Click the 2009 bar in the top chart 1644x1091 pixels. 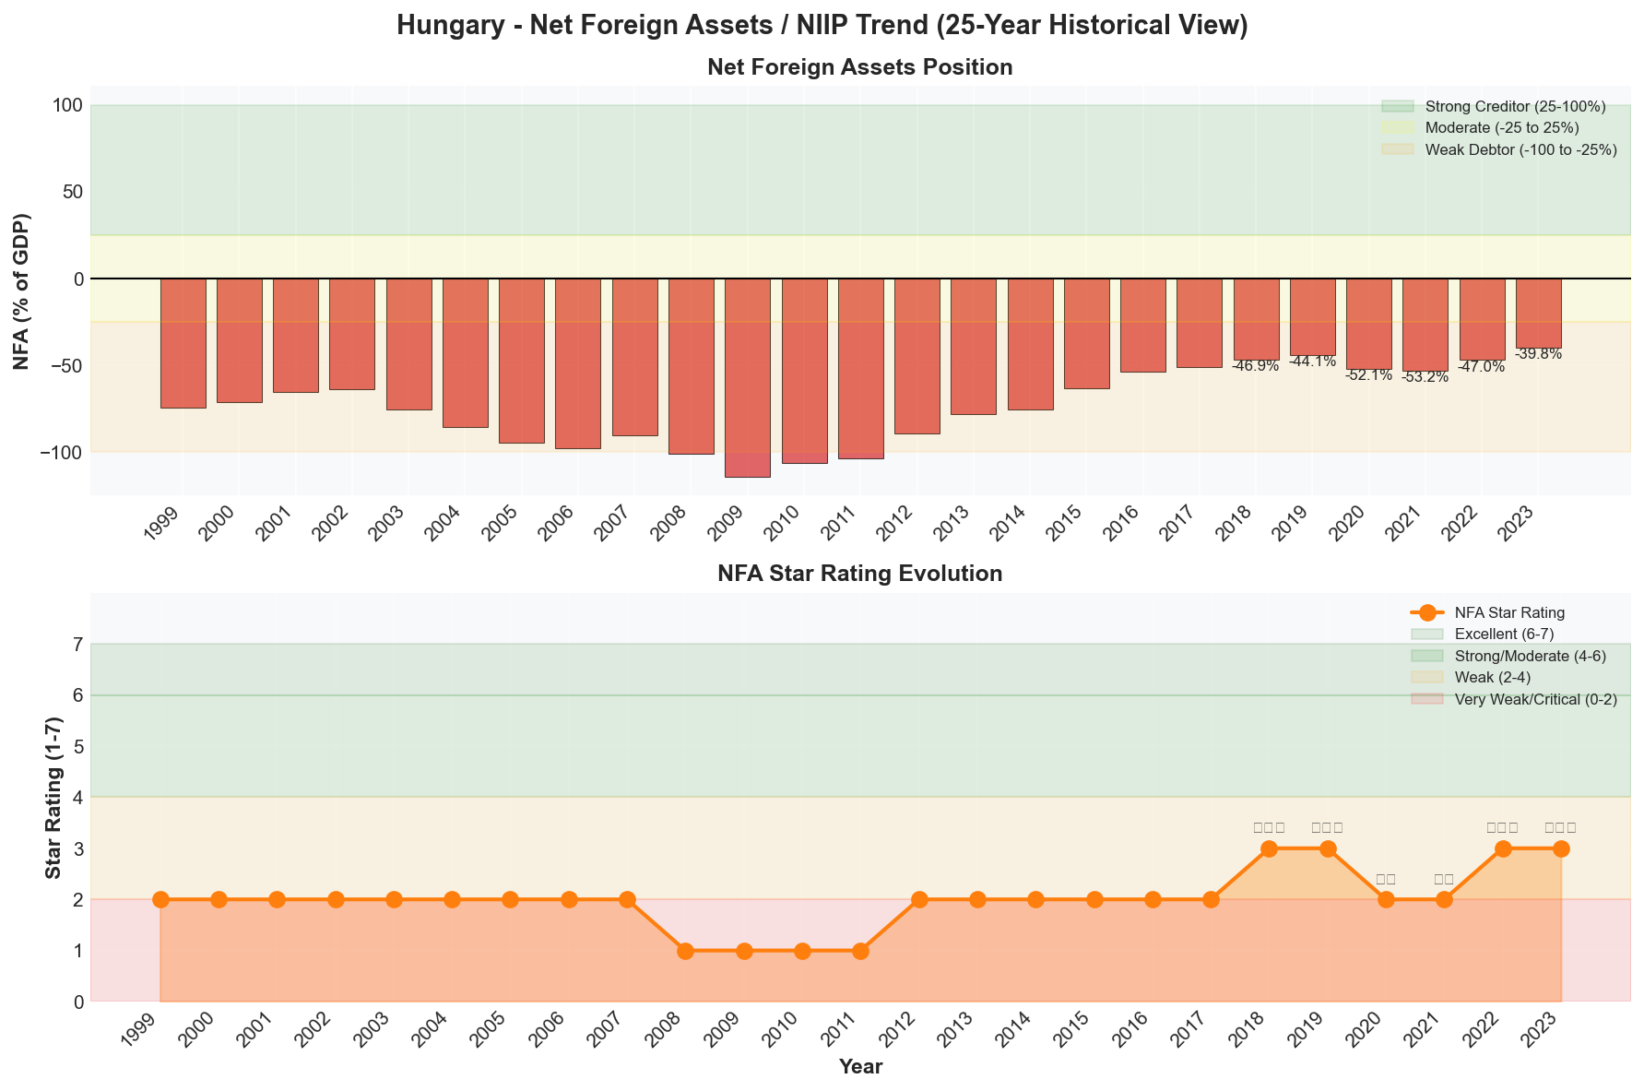(748, 377)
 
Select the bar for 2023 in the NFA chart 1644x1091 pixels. (1538, 313)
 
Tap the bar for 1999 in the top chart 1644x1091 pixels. (183, 343)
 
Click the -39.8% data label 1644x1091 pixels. (1538, 354)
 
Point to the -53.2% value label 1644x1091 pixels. (1425, 377)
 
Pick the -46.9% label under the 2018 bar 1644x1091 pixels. (1255, 366)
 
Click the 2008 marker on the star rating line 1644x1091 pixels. (685, 951)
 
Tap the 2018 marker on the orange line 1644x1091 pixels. (1269, 848)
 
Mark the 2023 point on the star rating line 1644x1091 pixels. (1561, 848)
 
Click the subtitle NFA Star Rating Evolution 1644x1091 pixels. (859, 574)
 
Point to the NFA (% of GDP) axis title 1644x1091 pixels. (22, 291)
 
